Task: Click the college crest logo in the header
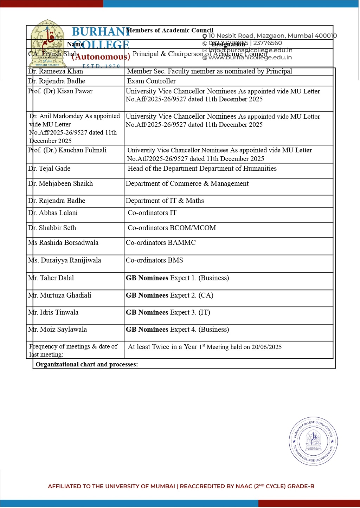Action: [47, 43]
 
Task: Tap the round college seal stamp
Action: [313, 441]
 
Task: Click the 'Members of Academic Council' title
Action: [170, 31]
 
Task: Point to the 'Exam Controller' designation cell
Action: [152, 81]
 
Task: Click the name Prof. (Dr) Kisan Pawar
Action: [60, 91]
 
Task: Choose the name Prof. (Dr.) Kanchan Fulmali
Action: [67, 150]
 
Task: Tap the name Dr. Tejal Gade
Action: [50, 169]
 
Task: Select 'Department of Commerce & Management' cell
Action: [187, 184]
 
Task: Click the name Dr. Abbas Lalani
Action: [53, 213]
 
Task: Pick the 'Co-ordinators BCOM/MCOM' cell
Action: [172, 228]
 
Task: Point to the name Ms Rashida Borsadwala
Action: [64, 243]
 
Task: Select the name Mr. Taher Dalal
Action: [51, 278]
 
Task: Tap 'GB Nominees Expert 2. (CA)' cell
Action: [170, 295]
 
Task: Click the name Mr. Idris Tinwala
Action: [53, 313]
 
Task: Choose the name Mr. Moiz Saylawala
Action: [58, 330]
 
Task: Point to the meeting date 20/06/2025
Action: [266, 347]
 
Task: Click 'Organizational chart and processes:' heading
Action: [87, 364]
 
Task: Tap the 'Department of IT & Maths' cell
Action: [165, 201]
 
